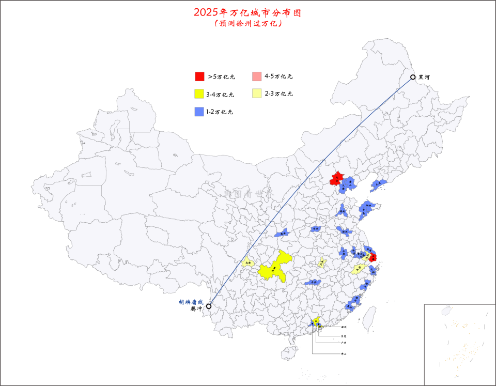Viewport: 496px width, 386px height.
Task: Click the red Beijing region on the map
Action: click(337, 179)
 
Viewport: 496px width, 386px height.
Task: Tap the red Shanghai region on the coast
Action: click(373, 257)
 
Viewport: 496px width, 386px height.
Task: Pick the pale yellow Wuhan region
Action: click(322, 263)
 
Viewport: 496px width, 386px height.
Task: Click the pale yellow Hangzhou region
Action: click(358, 269)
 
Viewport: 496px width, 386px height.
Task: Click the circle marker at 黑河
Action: click(413, 78)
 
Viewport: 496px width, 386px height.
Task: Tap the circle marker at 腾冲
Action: click(208, 306)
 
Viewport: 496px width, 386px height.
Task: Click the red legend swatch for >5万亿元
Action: click(199, 76)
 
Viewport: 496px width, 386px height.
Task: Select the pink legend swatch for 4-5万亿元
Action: click(256, 76)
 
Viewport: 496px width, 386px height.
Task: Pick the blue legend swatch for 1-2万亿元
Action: click(199, 111)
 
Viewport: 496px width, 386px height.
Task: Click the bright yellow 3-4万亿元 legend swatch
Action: click(199, 94)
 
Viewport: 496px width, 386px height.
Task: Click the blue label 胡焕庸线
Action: click(191, 302)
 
